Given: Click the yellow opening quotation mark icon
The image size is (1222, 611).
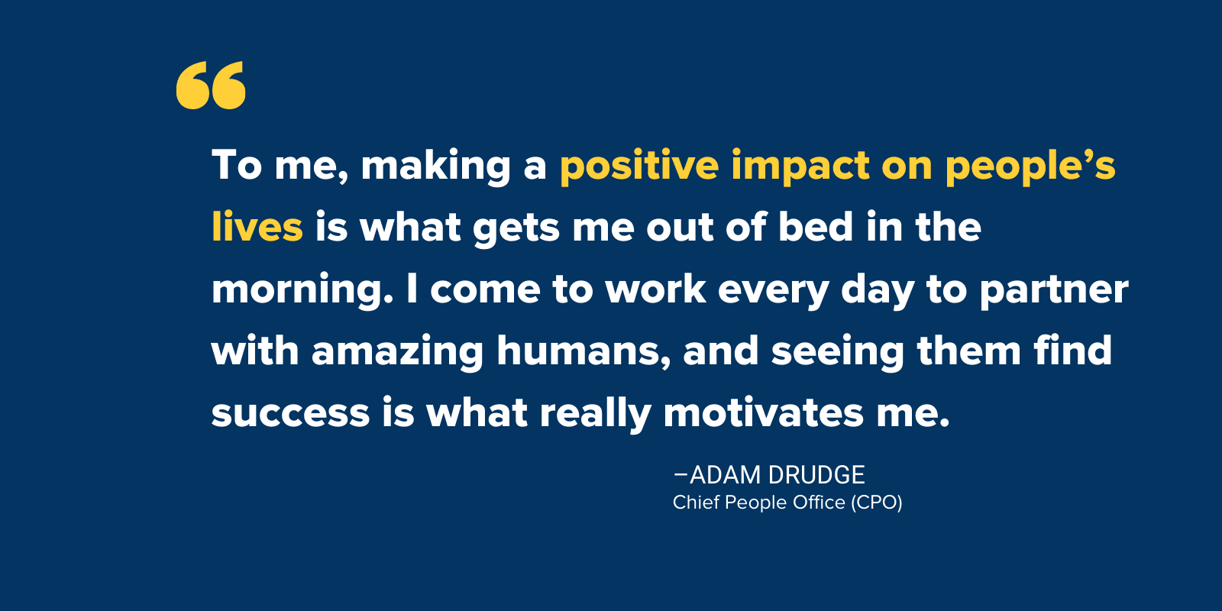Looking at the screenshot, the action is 211,85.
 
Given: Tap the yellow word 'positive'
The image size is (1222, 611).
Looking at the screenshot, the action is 639,166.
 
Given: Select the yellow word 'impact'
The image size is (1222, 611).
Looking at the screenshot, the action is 801,166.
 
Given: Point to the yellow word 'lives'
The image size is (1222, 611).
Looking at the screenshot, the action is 257,226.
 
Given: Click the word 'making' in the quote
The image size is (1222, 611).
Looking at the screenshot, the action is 435,166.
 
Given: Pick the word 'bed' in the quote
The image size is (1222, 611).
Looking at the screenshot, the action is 816,226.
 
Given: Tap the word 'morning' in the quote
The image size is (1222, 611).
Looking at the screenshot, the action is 302,289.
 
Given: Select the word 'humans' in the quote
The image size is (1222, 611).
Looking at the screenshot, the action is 584,351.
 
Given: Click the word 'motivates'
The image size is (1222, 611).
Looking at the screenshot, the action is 763,412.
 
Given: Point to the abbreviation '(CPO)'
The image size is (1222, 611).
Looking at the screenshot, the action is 876,503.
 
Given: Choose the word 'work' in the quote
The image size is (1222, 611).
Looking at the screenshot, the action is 655,289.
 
